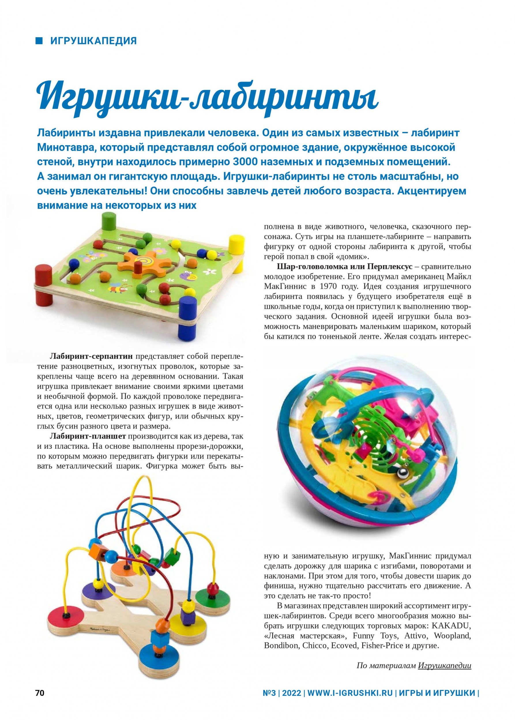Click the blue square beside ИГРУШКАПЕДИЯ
39,41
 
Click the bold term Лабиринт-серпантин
91,357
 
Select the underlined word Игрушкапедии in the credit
444,666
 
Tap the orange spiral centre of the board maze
144,262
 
